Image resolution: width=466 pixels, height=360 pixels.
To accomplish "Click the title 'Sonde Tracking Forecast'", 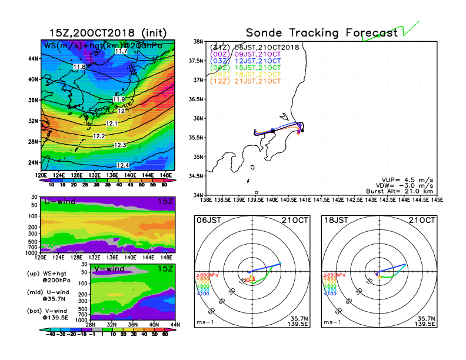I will pyautogui.click(x=322, y=33).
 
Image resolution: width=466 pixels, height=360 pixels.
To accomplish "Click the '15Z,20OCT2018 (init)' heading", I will pyautogui.click(x=109, y=32).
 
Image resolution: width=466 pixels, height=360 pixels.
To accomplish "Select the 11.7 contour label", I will pyautogui.click(x=121, y=51).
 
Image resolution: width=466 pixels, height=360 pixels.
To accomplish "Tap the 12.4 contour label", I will pyautogui.click(x=123, y=165).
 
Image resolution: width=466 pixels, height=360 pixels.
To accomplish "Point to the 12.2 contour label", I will pyautogui.click(x=99, y=136).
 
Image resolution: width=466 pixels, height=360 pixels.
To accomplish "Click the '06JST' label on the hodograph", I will pyautogui.click(x=207, y=221).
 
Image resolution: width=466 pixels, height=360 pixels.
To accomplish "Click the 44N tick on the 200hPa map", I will pyautogui.click(x=34, y=59).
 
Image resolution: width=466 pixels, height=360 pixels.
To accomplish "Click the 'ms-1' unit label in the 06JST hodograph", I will pyautogui.click(x=204, y=322).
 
